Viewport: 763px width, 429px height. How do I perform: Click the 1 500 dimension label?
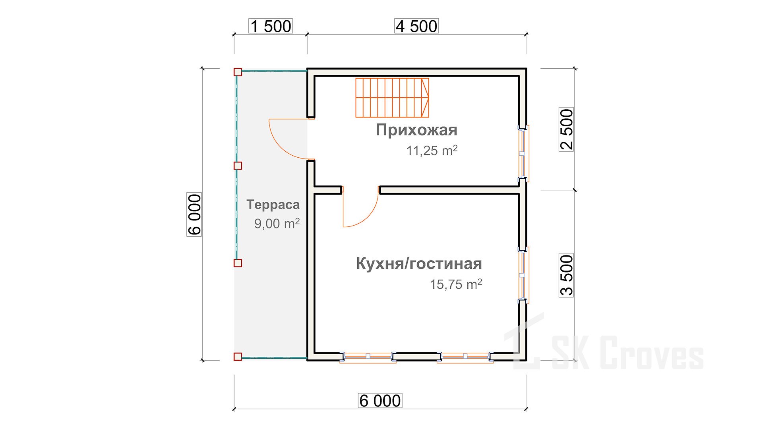(x=271, y=26)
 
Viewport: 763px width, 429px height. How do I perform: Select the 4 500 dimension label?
(x=416, y=26)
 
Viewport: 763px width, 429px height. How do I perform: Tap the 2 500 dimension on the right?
(x=566, y=129)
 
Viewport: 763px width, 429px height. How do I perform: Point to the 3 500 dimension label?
(x=566, y=275)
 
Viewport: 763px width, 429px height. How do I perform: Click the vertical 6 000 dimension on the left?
(x=194, y=214)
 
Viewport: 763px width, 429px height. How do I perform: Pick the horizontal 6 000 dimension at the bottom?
(x=380, y=401)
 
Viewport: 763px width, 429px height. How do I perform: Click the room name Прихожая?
(x=416, y=130)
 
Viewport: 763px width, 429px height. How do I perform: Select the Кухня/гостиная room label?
(x=419, y=264)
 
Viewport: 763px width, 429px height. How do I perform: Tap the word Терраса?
(x=273, y=205)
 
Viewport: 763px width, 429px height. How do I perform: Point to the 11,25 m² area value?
(x=432, y=151)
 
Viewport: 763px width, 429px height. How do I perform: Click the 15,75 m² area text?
(x=456, y=284)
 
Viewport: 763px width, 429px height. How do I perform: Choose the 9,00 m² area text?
(x=277, y=224)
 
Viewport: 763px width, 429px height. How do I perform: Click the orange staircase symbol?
(x=392, y=98)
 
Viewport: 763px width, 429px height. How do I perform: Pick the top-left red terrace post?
(x=238, y=72)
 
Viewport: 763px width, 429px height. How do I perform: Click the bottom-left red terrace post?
(x=238, y=356)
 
